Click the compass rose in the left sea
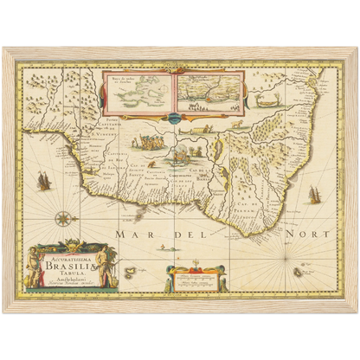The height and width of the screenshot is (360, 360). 64,219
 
